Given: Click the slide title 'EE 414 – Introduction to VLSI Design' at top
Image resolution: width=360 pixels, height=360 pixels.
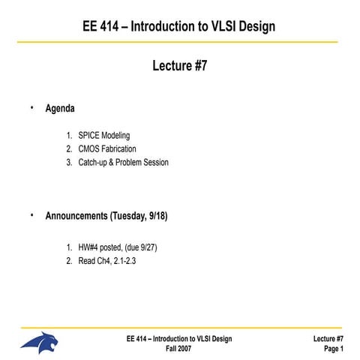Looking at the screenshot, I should coord(179,27).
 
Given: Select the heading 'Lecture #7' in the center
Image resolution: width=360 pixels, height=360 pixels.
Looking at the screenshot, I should coord(179,67).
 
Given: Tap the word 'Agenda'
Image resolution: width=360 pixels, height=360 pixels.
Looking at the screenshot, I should coord(60,109).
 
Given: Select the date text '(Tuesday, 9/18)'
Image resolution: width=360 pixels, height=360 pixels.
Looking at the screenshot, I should coord(139,217).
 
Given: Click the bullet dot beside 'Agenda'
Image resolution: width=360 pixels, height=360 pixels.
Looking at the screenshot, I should coord(32,108).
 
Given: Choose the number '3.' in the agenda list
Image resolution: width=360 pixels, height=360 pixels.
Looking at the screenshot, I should coord(69,162).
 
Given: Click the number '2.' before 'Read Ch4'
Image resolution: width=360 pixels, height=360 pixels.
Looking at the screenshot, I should coord(69,261).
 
